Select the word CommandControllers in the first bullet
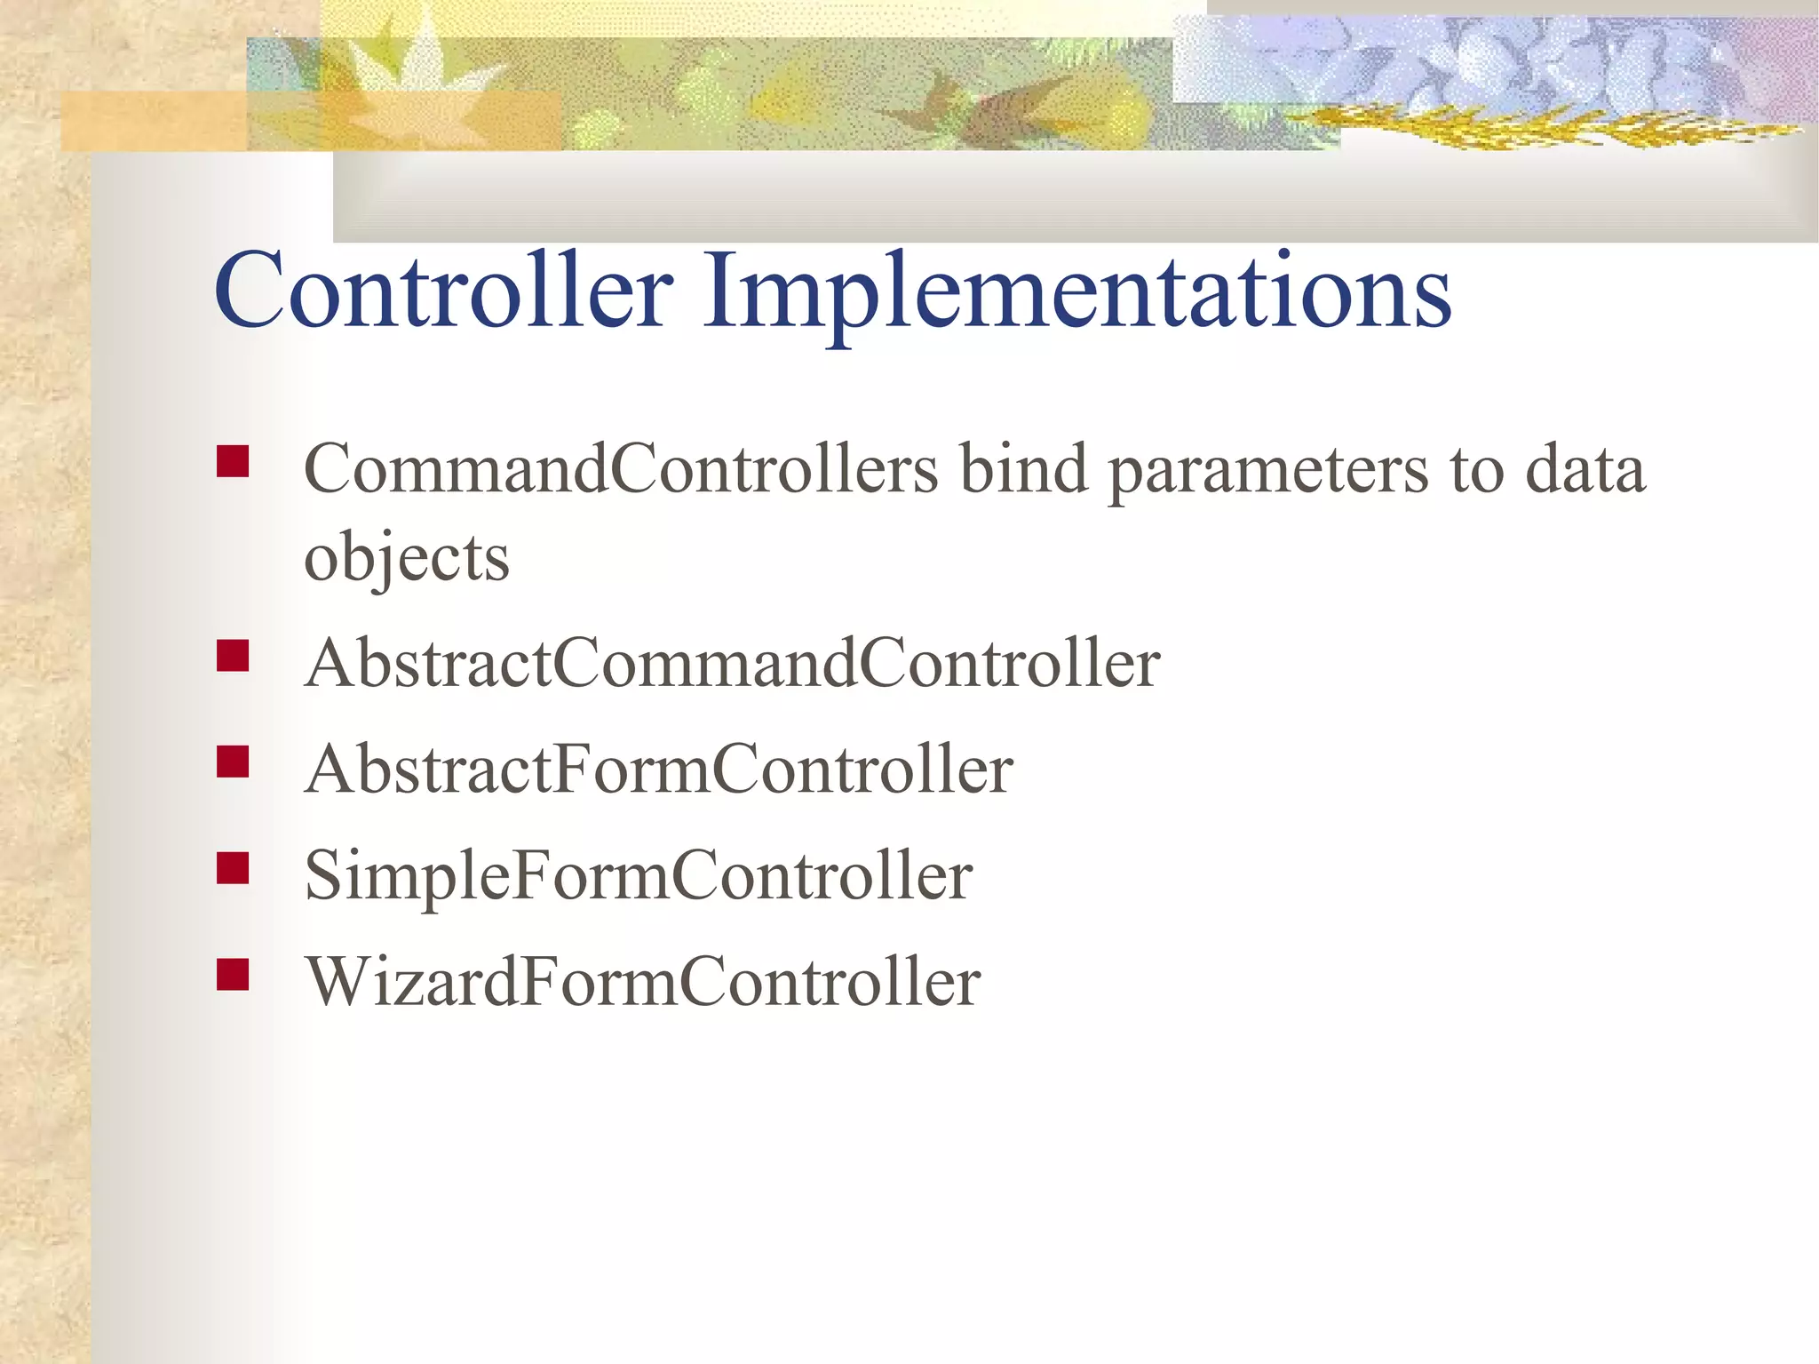pyautogui.click(x=620, y=468)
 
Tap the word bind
pyautogui.click(x=1023, y=468)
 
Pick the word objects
pyautogui.click(x=407, y=558)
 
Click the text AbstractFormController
pyautogui.click(x=658, y=770)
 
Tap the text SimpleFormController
pyautogui.click(x=638, y=876)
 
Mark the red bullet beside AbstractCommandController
pyautogui.click(x=233, y=656)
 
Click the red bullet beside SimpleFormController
pyautogui.click(x=233, y=868)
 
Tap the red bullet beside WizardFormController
pyautogui.click(x=233, y=975)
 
